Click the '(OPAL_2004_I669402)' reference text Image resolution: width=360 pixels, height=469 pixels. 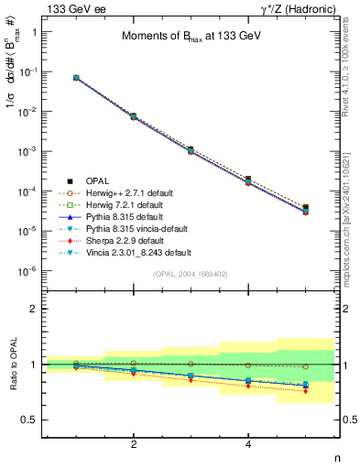(190, 274)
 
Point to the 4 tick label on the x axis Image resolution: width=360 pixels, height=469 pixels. (248, 444)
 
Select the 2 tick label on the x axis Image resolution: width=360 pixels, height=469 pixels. (134, 444)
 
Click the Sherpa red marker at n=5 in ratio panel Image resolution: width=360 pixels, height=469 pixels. (305, 391)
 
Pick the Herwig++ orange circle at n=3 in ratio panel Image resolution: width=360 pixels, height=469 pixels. (191, 365)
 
